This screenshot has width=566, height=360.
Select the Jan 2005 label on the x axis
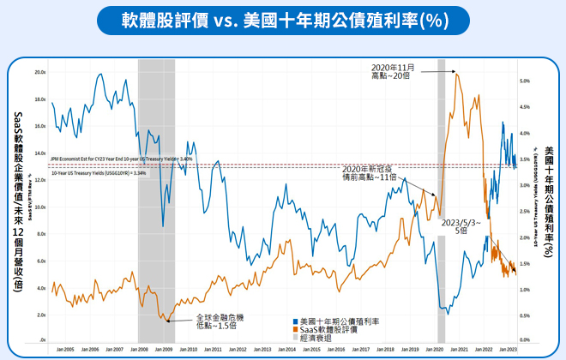[65, 349]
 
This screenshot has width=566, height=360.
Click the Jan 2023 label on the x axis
[508, 349]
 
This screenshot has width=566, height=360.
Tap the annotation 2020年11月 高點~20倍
[392, 71]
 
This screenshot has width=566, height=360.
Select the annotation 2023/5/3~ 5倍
[461, 226]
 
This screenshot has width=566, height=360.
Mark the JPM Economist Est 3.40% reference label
[120, 159]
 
